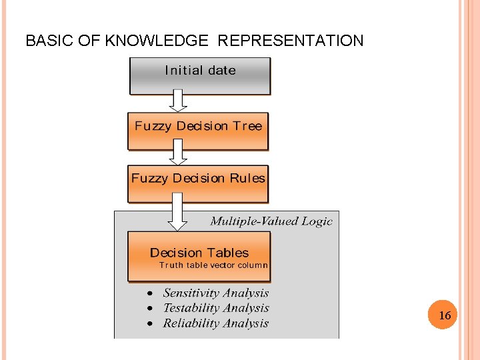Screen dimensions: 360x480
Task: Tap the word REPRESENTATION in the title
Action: click(x=291, y=41)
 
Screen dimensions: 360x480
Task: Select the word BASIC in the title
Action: click(x=49, y=41)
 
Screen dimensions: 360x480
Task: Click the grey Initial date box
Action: click(x=200, y=75)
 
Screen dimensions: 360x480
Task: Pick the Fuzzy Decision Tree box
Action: click(x=198, y=131)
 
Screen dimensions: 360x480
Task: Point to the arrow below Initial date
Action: click(x=178, y=101)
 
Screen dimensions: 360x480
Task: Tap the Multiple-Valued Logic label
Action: click(x=271, y=221)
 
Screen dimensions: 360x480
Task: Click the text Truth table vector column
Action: click(x=213, y=265)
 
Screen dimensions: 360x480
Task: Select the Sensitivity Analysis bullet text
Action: click(x=216, y=293)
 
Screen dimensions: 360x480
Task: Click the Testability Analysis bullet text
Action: click(x=216, y=308)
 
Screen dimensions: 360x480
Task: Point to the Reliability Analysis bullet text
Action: click(x=216, y=323)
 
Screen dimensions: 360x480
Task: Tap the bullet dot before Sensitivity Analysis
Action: click(x=150, y=293)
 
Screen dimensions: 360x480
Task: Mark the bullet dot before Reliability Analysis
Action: click(x=150, y=323)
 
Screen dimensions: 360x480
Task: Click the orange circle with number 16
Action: click(x=445, y=315)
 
